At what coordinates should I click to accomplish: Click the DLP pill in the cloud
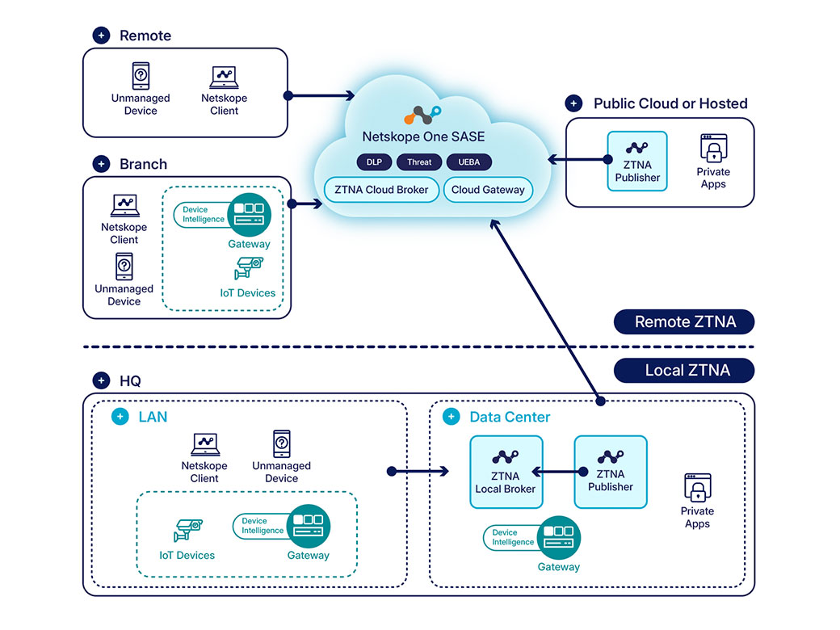pyautogui.click(x=374, y=162)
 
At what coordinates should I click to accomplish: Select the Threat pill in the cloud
pyautogui.click(x=419, y=162)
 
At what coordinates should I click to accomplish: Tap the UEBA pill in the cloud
pyautogui.click(x=468, y=162)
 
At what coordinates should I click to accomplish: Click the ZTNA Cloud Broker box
pyautogui.click(x=382, y=190)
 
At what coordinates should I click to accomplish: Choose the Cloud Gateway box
pyautogui.click(x=488, y=190)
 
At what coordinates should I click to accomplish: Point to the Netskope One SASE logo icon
pyautogui.click(x=422, y=114)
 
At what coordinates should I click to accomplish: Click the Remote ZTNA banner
pyautogui.click(x=684, y=321)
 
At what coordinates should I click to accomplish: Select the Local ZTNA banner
pyautogui.click(x=684, y=371)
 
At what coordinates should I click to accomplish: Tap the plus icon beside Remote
pyautogui.click(x=101, y=36)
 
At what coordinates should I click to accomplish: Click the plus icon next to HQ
pyautogui.click(x=101, y=381)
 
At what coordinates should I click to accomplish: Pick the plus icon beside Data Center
pyautogui.click(x=451, y=418)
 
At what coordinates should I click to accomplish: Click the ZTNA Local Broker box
pyautogui.click(x=506, y=472)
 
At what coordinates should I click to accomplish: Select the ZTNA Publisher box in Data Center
pyautogui.click(x=610, y=472)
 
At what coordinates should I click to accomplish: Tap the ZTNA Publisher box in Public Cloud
pyautogui.click(x=637, y=161)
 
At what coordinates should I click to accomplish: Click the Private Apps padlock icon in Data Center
pyautogui.click(x=697, y=488)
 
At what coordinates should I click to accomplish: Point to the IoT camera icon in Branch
pyautogui.click(x=249, y=267)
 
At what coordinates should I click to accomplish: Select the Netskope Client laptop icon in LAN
pyautogui.click(x=204, y=444)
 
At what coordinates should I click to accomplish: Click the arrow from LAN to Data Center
pyautogui.click(x=418, y=471)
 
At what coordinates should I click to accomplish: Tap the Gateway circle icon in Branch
pyautogui.click(x=248, y=214)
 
